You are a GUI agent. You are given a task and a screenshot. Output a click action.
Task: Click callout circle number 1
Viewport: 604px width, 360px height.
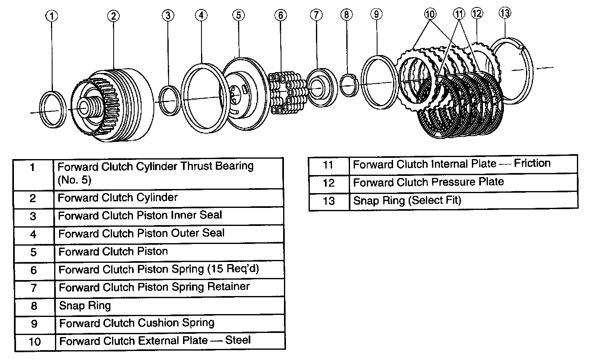(x=52, y=16)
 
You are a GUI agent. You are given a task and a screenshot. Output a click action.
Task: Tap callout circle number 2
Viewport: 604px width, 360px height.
(x=113, y=16)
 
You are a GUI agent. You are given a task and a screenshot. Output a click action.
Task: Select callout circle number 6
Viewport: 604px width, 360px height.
(x=280, y=15)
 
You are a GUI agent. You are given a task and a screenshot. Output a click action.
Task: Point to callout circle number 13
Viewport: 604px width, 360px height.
(x=505, y=13)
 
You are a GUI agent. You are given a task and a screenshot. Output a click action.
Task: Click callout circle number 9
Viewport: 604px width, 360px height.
(x=376, y=14)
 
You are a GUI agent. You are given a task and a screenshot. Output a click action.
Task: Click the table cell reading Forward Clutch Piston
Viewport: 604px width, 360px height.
(x=113, y=251)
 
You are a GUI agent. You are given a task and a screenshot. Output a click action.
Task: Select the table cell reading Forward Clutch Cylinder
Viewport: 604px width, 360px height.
(x=118, y=198)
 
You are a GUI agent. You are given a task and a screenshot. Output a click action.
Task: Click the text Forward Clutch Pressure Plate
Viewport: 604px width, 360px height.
(x=428, y=182)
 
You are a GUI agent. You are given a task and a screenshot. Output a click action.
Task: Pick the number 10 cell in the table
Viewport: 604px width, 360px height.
(x=35, y=342)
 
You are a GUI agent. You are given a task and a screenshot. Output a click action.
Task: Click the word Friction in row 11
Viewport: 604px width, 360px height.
(x=532, y=163)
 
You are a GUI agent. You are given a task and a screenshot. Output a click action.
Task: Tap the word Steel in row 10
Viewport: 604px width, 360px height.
(x=238, y=340)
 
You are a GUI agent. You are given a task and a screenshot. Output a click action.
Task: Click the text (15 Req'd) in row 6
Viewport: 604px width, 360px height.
(x=233, y=269)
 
